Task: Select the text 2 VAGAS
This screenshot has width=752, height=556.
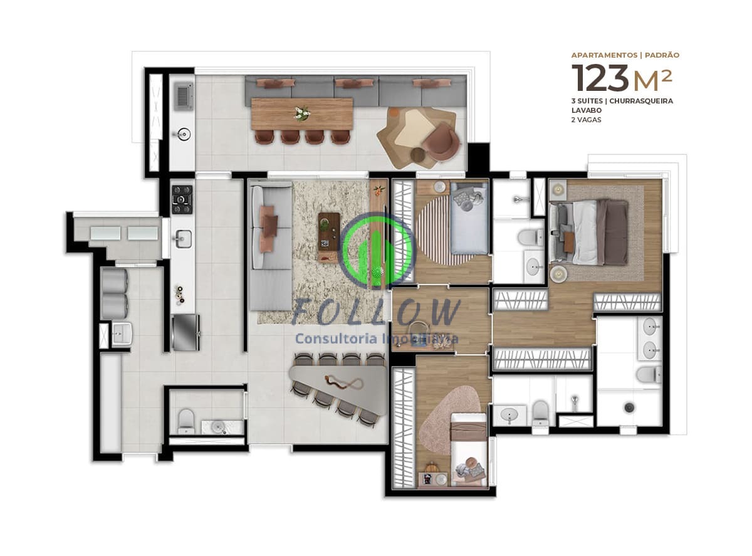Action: point(586,120)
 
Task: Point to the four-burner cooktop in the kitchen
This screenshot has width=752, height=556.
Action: point(182,199)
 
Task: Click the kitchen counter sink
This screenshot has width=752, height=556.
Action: point(183,238)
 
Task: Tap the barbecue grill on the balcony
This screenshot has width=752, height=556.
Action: point(183,96)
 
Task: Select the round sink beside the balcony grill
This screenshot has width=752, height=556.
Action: point(183,134)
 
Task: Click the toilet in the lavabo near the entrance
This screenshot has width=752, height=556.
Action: point(185,421)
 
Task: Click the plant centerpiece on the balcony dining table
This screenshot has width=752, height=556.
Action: point(303,113)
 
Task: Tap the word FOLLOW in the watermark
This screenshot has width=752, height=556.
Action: point(376,312)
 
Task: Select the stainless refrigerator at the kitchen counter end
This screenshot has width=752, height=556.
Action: point(186,332)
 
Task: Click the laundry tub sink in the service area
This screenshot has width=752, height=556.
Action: point(121,334)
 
